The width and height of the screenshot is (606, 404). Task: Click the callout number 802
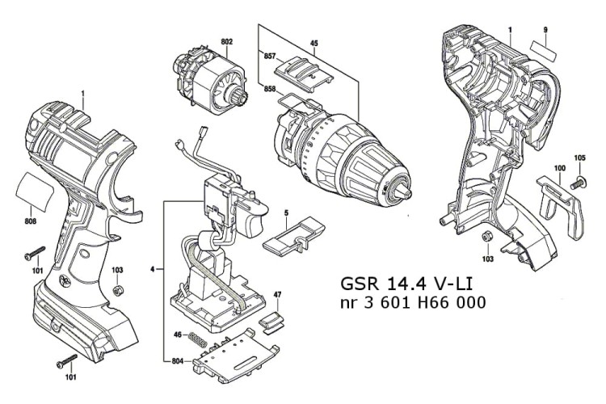(226, 41)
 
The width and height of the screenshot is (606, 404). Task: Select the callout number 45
(314, 43)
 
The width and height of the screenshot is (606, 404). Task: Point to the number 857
(270, 56)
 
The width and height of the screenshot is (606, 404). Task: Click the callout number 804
(180, 360)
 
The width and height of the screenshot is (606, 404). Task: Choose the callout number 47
(276, 294)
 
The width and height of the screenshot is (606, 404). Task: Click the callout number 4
(151, 267)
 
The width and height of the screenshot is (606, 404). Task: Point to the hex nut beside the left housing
(116, 289)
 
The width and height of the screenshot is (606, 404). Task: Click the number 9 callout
(545, 30)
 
